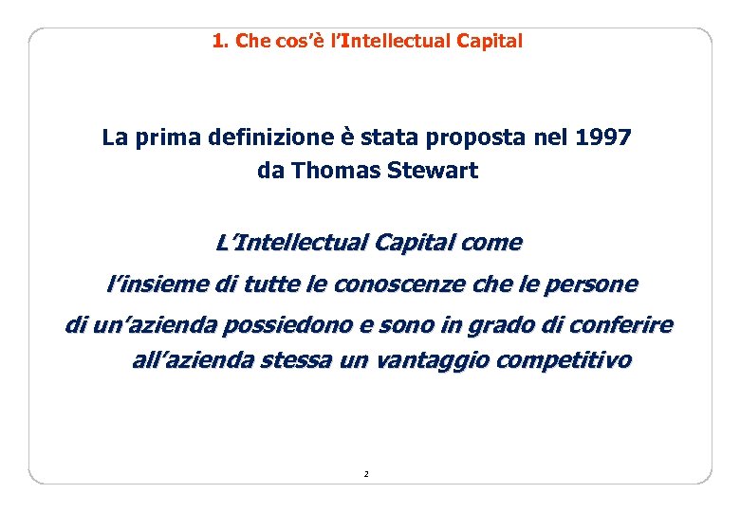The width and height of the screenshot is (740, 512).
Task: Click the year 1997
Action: pos(603,138)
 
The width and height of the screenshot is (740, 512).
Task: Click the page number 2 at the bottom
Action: pos(365,473)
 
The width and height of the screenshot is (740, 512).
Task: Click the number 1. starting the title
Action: pos(220,41)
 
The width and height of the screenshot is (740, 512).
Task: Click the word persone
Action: pos(595,283)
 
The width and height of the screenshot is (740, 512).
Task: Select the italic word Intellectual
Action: pos(300,243)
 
